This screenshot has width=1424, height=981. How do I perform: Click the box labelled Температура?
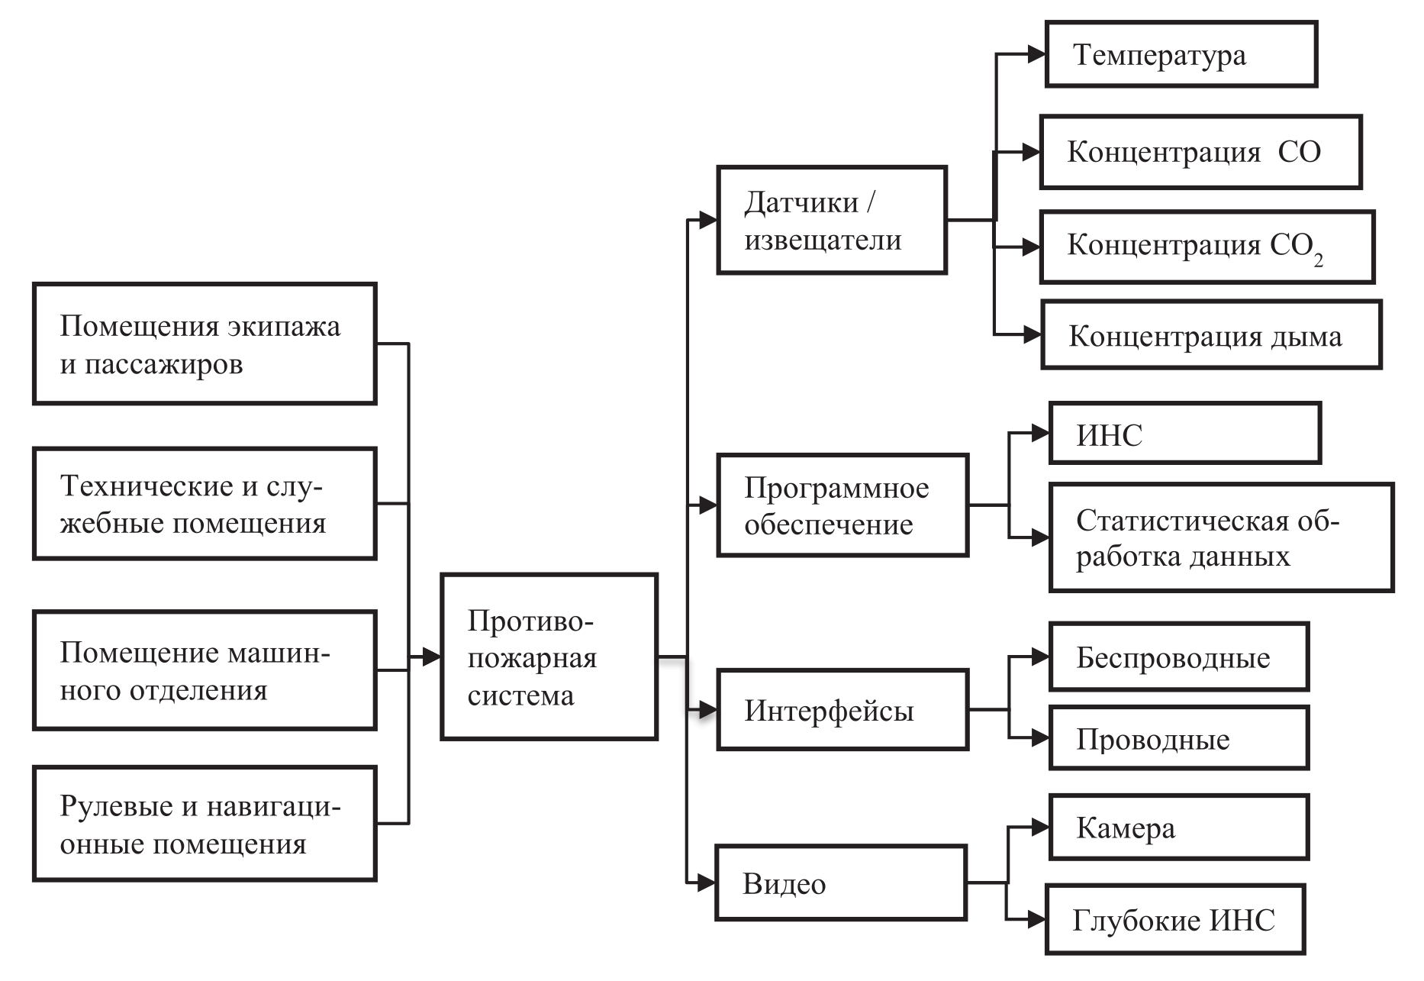(x=1181, y=54)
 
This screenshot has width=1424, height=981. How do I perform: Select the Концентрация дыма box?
(x=1211, y=336)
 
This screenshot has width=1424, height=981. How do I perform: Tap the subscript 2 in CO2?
(x=1318, y=261)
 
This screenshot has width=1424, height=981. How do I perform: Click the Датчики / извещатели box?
(x=832, y=220)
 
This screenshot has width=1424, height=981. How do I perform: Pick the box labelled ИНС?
(x=1184, y=434)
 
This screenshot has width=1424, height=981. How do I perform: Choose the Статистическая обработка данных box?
(x=1221, y=537)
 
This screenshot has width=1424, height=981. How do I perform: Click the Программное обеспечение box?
(x=842, y=505)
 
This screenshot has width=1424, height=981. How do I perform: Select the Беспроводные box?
(x=1179, y=657)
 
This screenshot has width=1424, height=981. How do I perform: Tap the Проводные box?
(x=1179, y=738)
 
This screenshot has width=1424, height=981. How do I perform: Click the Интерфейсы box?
(x=842, y=710)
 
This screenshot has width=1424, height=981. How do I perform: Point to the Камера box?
(x=1179, y=828)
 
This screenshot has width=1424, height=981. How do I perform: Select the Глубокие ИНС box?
(x=1175, y=920)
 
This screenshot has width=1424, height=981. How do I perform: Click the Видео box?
(x=841, y=883)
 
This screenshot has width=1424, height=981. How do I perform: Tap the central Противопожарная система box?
(x=549, y=657)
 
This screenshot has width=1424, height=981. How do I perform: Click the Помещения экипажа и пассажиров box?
(x=205, y=344)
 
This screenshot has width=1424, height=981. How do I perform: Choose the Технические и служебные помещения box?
(x=205, y=504)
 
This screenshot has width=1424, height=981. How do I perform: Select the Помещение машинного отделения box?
(x=205, y=670)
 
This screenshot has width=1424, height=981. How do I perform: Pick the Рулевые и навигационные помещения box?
(x=205, y=824)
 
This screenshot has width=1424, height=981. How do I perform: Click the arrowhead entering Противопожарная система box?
(x=432, y=656)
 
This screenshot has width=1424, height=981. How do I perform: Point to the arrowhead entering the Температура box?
(x=1036, y=54)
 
